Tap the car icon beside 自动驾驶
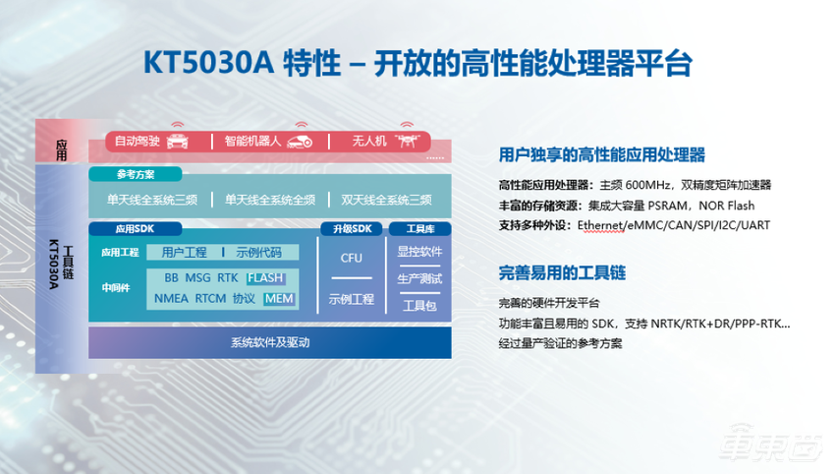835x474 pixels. click(178, 140)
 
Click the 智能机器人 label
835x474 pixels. click(251, 142)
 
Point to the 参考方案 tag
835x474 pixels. click(136, 174)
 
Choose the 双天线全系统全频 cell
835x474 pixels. click(388, 200)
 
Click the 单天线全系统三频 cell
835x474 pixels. click(151, 200)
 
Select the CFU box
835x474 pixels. click(352, 258)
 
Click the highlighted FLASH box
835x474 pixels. click(265, 277)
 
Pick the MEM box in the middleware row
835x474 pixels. click(279, 298)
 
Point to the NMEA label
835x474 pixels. click(171, 298)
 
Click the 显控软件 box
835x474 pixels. click(419, 252)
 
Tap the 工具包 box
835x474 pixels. click(419, 306)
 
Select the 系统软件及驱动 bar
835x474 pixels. click(269, 342)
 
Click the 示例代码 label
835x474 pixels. click(258, 252)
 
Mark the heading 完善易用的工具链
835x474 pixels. click(562, 272)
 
